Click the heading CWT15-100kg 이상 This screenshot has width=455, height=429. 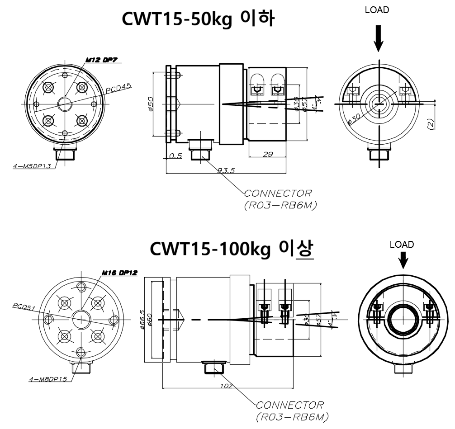232,249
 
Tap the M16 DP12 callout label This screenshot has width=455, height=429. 119,273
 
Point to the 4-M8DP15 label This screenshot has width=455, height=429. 48,379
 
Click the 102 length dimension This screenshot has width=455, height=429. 227,386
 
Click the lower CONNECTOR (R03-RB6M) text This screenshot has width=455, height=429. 289,410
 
